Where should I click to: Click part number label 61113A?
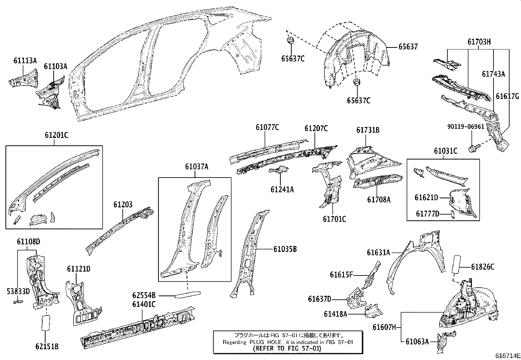[25, 60]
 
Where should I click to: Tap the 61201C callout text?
[57, 135]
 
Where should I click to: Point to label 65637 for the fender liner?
[408, 47]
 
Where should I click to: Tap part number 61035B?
[285, 249]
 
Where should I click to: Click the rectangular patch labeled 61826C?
[456, 265]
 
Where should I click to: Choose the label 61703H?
[479, 42]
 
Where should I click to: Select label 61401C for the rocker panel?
[144, 304]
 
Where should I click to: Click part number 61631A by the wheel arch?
[378, 252]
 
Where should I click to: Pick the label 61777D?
[427, 214]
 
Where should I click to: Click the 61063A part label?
[417, 342]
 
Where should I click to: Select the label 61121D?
[79, 269]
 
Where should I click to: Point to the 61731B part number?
[368, 130]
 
